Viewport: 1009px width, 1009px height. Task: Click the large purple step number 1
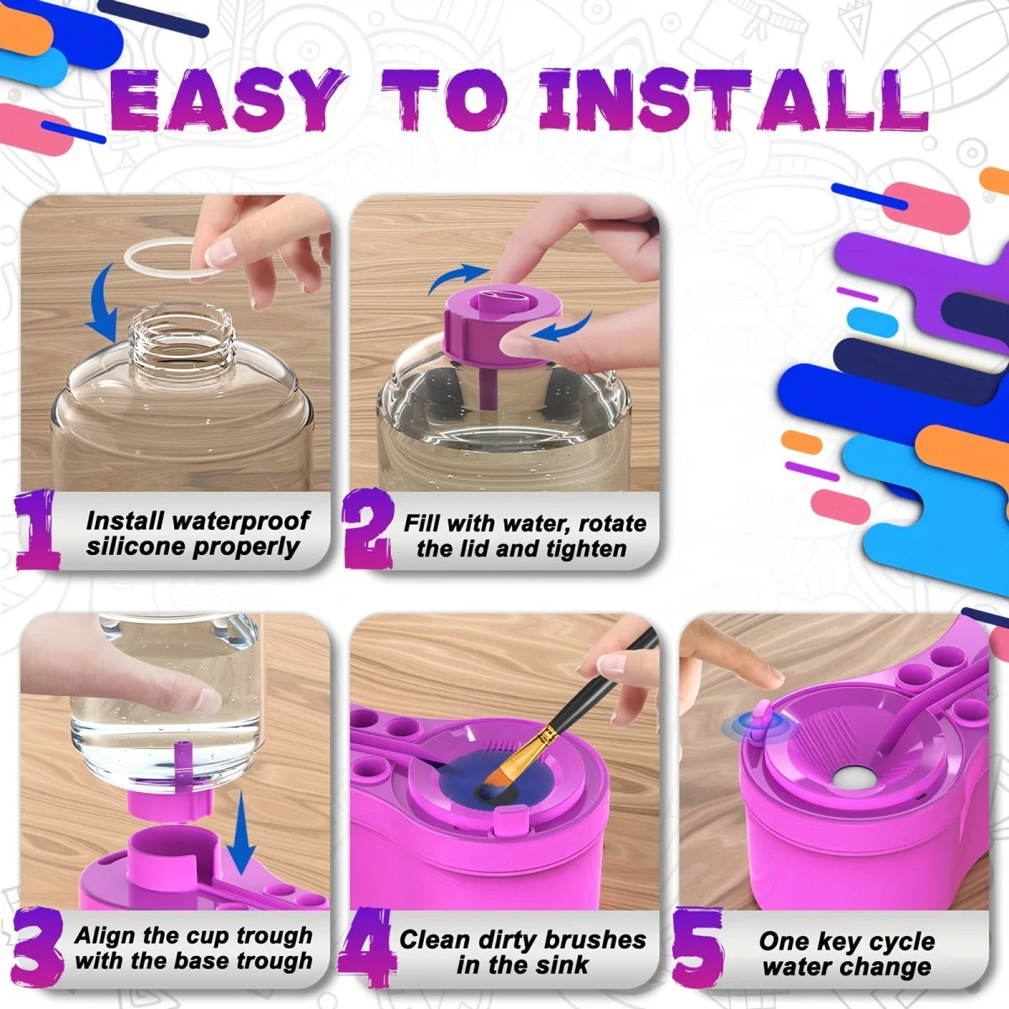[x=38, y=530]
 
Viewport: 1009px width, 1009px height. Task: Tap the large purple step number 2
[x=368, y=530]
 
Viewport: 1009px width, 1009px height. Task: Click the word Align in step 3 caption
[x=106, y=935]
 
